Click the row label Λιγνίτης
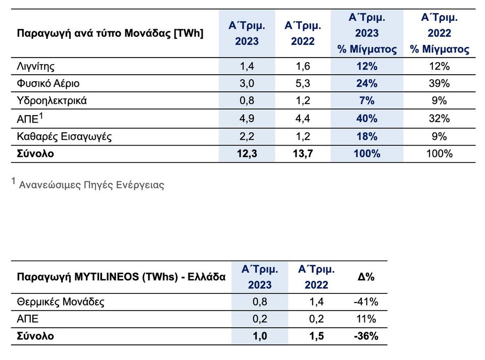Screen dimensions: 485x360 pyautogui.click(x=35, y=67)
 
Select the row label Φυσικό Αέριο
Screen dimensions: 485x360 pyautogui.click(x=48, y=83)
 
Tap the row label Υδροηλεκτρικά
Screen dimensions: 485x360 pyautogui.click(x=52, y=101)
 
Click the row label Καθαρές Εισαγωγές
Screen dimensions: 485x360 pyautogui.click(x=64, y=136)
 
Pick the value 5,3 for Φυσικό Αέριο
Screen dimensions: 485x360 pyautogui.click(x=303, y=83)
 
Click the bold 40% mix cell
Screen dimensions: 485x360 pyautogui.click(x=367, y=118)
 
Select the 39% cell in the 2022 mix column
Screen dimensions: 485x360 pyautogui.click(x=439, y=83)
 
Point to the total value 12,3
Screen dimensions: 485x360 pyautogui.click(x=247, y=153)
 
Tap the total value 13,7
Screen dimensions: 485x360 pyautogui.click(x=303, y=153)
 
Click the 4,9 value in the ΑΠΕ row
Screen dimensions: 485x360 pyautogui.click(x=247, y=118)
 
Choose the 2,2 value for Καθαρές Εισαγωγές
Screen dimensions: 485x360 pyautogui.click(x=247, y=136)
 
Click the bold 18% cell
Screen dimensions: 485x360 pyautogui.click(x=367, y=136)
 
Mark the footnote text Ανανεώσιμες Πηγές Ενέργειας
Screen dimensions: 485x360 pyautogui.click(x=91, y=185)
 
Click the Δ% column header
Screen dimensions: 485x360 pyautogui.click(x=366, y=277)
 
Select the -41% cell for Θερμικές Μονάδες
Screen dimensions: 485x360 pyautogui.click(x=366, y=301)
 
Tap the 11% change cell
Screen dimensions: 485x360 pyautogui.click(x=366, y=319)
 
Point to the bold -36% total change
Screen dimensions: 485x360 pyautogui.click(x=366, y=336)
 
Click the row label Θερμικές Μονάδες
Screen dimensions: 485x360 pyautogui.click(x=61, y=301)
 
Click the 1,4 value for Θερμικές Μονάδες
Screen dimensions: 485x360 pyautogui.click(x=316, y=301)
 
